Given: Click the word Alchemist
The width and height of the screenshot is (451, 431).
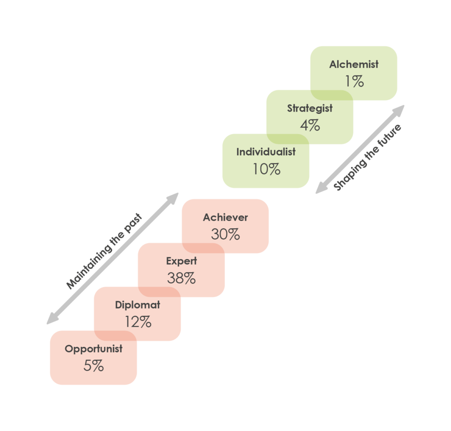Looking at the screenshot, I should [x=354, y=65].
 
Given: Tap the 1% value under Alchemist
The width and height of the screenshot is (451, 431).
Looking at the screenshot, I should [x=354, y=81].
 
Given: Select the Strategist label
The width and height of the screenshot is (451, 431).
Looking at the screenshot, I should [x=310, y=108].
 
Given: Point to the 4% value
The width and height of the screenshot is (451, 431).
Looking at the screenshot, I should [x=310, y=125].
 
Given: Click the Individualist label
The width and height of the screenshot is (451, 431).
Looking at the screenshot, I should [x=266, y=152].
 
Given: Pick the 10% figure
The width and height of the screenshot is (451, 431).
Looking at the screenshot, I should [x=266, y=169].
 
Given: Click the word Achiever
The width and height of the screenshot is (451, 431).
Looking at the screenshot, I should [x=225, y=217].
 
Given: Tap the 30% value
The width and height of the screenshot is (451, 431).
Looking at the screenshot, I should [x=225, y=234].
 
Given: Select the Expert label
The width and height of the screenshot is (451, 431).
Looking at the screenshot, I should [x=181, y=261].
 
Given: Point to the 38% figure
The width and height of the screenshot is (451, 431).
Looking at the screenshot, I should [x=181, y=278].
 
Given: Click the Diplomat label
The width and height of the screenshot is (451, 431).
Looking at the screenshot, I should [x=137, y=305].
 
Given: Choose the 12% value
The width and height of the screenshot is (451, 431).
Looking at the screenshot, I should [x=138, y=322].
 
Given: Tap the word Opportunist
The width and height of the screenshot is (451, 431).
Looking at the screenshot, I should [x=94, y=349].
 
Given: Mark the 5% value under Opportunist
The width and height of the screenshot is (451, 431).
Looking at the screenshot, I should [x=94, y=366].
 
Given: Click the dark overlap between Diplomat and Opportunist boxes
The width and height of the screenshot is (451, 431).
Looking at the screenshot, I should [x=115, y=336].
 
